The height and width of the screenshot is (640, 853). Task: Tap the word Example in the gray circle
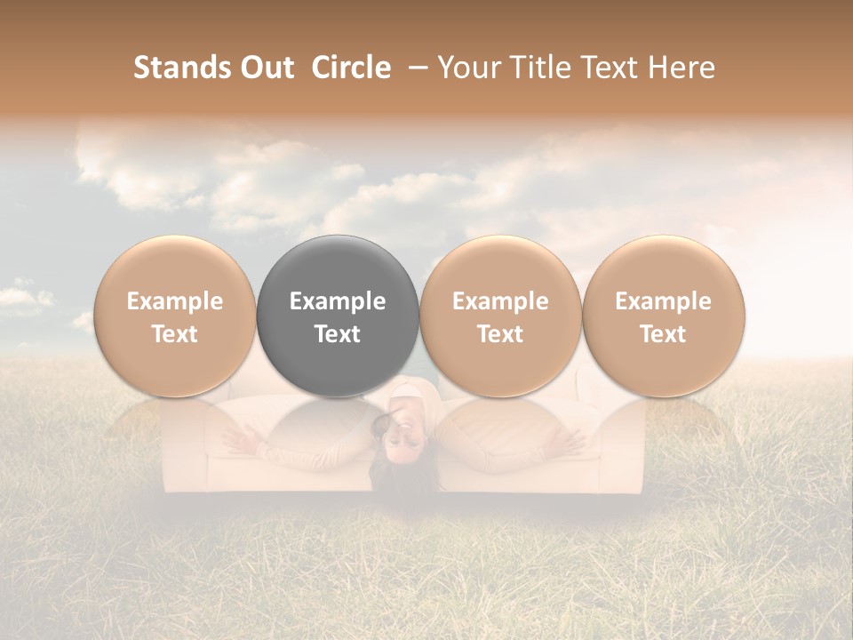(338, 301)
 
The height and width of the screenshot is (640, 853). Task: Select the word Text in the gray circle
(338, 334)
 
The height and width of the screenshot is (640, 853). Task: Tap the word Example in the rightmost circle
(663, 301)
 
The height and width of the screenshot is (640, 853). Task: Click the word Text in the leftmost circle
(175, 334)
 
